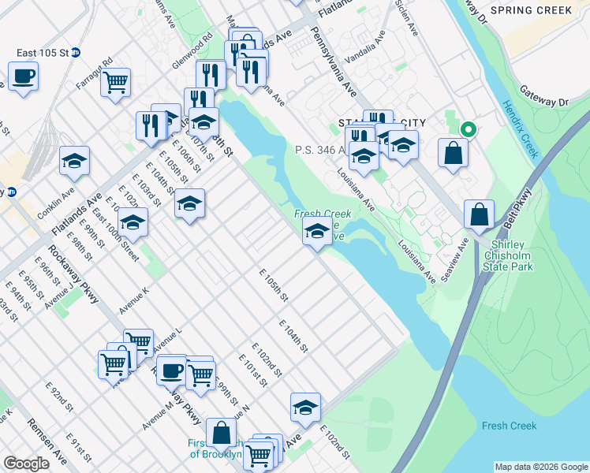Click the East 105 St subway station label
coord(43,53)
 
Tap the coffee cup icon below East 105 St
coord(24,76)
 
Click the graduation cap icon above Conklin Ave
coord(75,161)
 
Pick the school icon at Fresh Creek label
coord(316,231)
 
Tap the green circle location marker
coord(468,130)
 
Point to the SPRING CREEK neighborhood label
coord(531,10)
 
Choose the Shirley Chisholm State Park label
coord(511,255)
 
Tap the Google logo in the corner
coord(26,464)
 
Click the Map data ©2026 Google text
coord(540,467)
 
